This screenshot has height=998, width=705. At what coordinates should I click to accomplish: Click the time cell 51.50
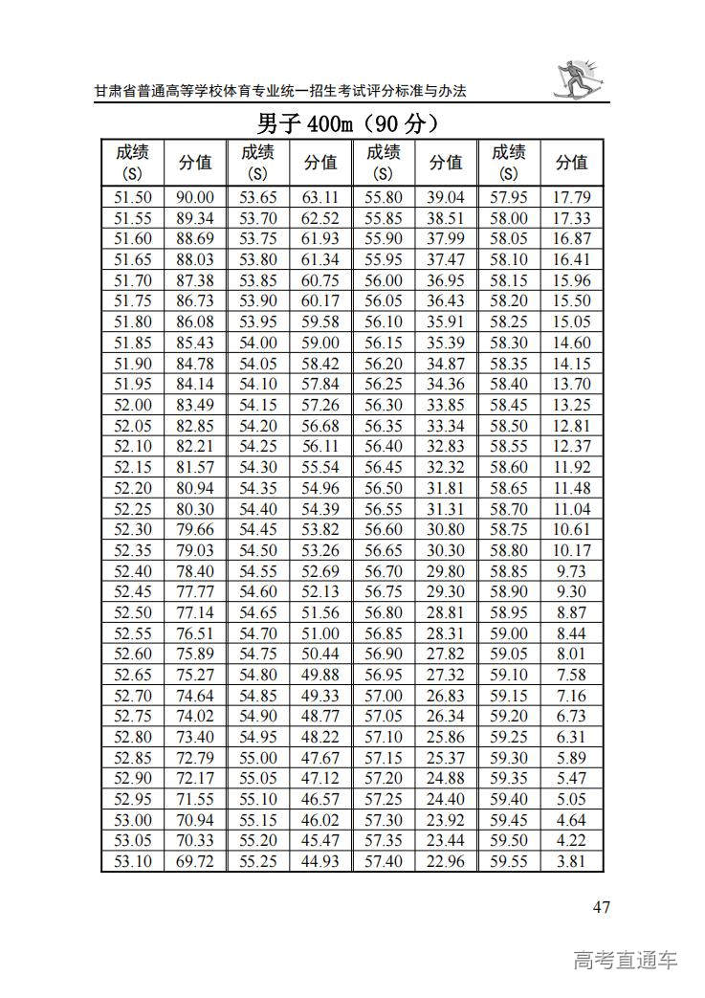tap(133, 198)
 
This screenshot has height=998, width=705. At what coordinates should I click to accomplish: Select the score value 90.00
tap(195, 198)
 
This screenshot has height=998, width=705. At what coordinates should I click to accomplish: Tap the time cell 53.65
tap(257, 198)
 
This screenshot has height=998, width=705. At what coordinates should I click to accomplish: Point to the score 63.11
tap(320, 198)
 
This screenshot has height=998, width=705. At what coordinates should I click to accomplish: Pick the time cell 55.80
tap(384, 198)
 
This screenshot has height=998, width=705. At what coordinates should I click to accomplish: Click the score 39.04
tap(446, 198)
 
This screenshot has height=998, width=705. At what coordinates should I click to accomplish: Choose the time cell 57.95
tap(509, 198)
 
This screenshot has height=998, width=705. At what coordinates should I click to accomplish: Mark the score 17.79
tap(571, 198)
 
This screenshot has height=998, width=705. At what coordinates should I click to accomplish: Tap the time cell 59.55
tap(509, 862)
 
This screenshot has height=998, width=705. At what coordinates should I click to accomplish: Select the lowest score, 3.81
tap(571, 862)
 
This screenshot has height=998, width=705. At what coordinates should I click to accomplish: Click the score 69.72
tap(195, 862)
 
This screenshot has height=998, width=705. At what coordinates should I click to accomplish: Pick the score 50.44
tap(320, 654)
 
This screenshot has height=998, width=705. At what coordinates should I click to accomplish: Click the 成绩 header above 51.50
tap(133, 162)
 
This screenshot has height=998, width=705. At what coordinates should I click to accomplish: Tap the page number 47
tap(600, 907)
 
